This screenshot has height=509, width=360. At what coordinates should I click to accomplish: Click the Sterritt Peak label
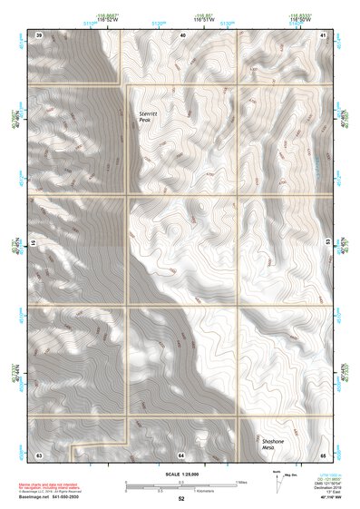pyautogui.click(x=148, y=116)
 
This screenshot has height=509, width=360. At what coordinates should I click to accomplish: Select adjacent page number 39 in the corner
pyautogui.click(x=39, y=34)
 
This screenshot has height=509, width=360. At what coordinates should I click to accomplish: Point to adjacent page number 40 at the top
pyautogui.click(x=182, y=34)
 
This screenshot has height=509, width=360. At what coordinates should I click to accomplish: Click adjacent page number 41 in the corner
pyautogui.click(x=324, y=34)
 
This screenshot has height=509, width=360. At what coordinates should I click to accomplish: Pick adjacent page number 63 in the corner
pyautogui.click(x=39, y=453)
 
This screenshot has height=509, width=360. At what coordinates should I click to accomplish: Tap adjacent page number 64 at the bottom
pyautogui.click(x=181, y=453)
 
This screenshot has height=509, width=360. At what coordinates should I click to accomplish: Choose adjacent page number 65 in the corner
pyautogui.click(x=324, y=453)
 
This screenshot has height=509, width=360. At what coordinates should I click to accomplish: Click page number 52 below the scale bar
pyautogui.click(x=181, y=498)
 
